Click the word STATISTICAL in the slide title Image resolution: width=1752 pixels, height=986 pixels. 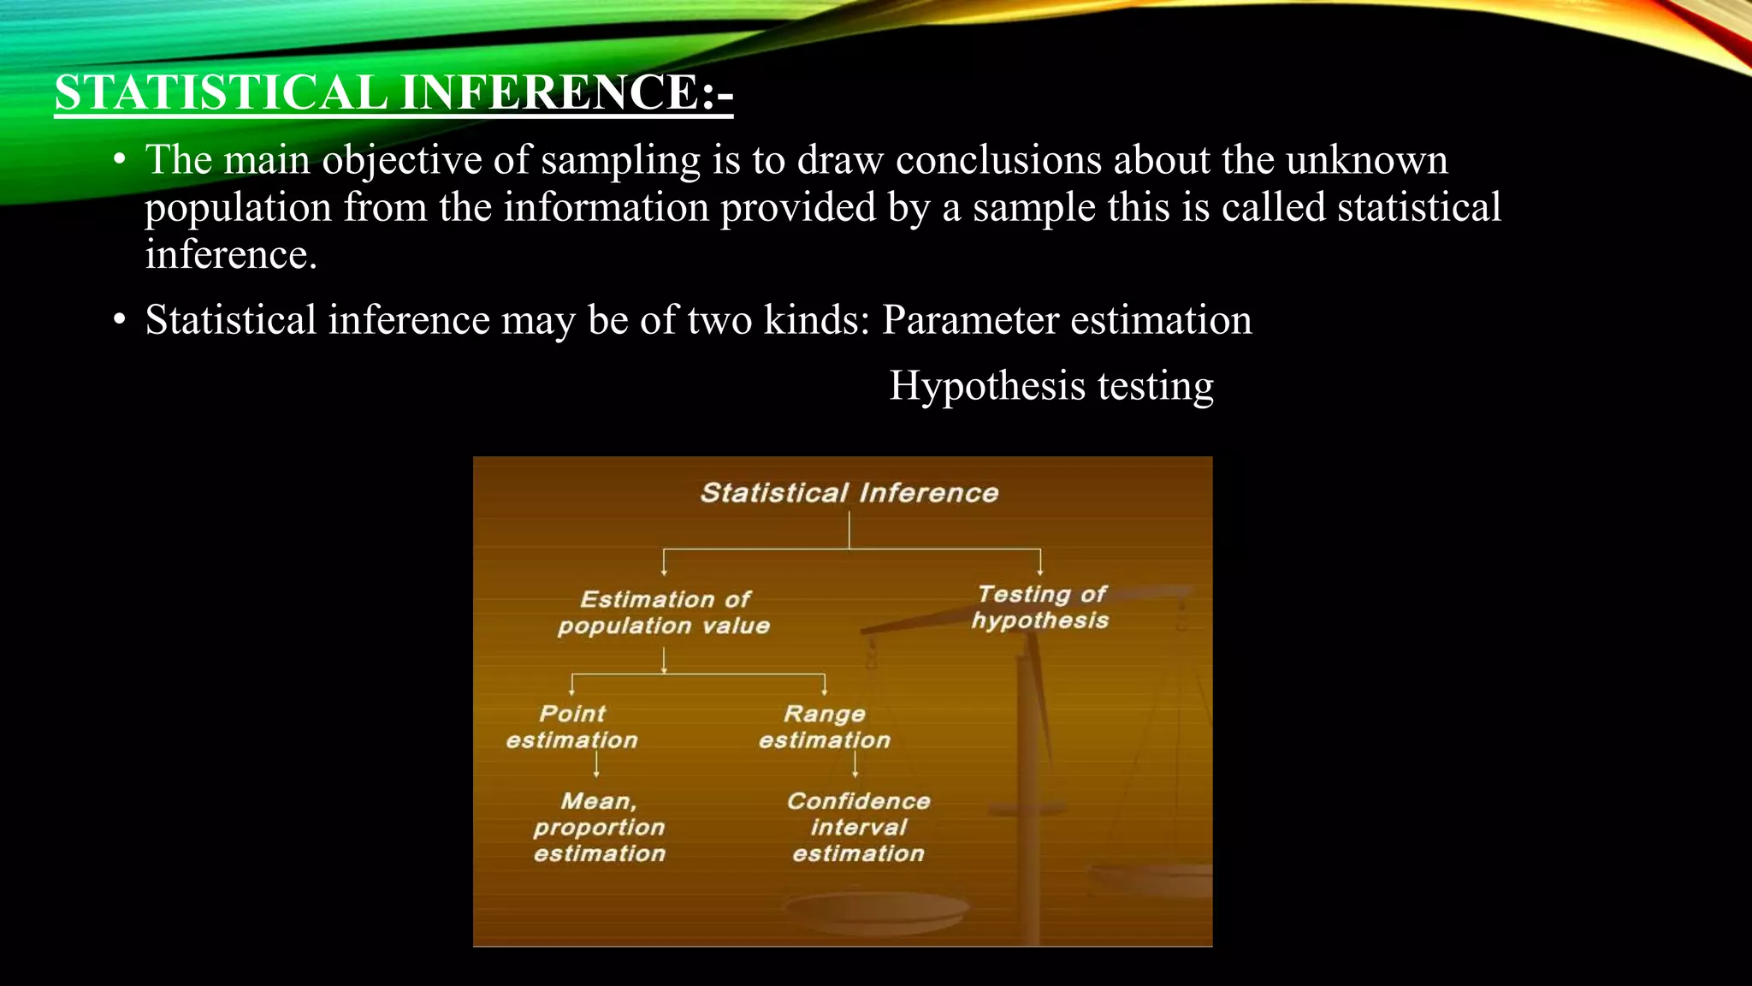(221, 92)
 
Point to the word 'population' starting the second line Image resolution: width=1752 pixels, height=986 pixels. (238, 208)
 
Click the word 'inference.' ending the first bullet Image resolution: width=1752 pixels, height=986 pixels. (231, 254)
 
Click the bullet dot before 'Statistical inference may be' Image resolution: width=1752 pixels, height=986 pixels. (120, 321)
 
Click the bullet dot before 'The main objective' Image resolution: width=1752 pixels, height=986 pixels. (120, 161)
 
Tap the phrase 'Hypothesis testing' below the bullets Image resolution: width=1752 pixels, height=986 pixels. (1051, 385)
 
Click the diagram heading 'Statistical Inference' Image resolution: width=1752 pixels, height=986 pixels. (849, 493)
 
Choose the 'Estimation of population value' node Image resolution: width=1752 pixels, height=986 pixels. (664, 612)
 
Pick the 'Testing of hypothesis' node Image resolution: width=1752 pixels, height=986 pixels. (1040, 607)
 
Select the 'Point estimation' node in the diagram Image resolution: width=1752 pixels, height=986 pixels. (571, 727)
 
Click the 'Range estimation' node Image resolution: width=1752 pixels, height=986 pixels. (825, 727)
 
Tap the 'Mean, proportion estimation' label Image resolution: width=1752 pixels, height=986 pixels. (599, 827)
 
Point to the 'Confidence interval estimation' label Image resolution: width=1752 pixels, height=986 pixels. (858, 827)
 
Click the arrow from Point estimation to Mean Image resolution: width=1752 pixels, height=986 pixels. (596, 763)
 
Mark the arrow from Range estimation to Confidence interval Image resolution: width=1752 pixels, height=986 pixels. (855, 763)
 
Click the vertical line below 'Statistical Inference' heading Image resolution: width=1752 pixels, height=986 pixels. (849, 530)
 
